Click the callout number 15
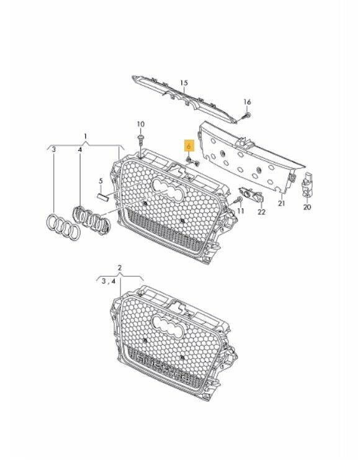coord(183,83)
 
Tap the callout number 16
coord(246,102)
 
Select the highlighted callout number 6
coord(189,147)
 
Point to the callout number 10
coord(140,124)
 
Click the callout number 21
coord(281,203)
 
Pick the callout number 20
coord(307,208)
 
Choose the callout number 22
coord(261,212)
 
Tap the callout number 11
coord(241,211)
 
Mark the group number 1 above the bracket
coord(86,135)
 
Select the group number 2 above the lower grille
coord(120,268)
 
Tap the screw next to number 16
coord(245,114)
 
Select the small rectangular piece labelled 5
coord(102,197)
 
